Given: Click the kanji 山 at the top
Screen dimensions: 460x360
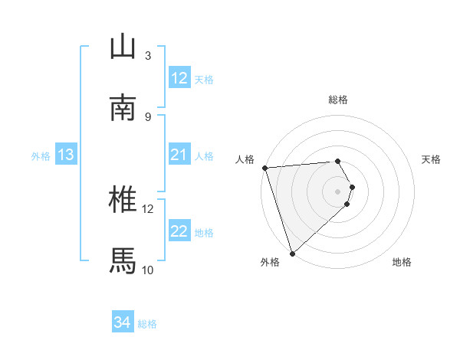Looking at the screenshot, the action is tap(123, 47).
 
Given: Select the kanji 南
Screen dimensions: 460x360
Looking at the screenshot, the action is tap(123, 109).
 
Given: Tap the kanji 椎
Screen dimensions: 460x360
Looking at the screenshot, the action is tap(123, 200).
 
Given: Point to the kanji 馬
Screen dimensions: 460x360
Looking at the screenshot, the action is tap(123, 261).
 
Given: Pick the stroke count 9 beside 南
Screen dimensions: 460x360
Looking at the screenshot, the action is tap(148, 116).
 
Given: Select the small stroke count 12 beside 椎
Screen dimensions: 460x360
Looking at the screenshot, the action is tap(148, 208).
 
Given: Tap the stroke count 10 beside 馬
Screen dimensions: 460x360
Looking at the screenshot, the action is tap(148, 270).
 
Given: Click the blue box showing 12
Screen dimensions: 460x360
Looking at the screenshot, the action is tap(179, 78).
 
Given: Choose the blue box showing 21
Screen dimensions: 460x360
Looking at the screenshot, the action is tap(179, 155).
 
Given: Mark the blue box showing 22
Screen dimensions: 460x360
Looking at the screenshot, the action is tap(179, 232).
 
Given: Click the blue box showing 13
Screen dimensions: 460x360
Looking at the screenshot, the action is tap(66, 155).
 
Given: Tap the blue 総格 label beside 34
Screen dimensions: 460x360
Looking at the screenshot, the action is tap(147, 325).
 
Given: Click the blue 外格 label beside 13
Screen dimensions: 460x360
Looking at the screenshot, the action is tap(41, 156).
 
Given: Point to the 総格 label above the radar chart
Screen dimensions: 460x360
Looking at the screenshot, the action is tap(338, 100).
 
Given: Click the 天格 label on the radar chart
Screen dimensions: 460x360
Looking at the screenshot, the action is tap(432, 159).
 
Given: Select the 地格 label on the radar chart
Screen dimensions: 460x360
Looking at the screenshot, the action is tap(402, 262).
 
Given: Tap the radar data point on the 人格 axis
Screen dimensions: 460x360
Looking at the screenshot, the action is tap(264, 168).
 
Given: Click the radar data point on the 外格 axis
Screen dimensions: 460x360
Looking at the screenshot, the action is tap(293, 252).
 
